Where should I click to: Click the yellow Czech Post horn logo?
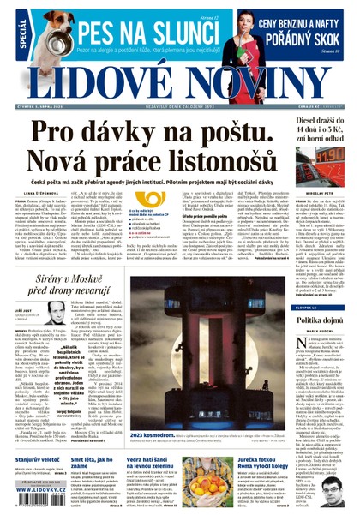[153, 199]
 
